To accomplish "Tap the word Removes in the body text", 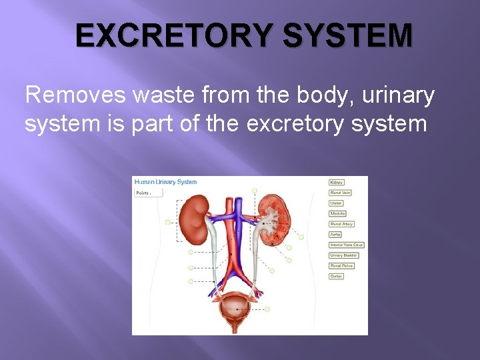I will coord(75,96).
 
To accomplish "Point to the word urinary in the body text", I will coord(397,96).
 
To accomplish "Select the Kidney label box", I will coord(337,182).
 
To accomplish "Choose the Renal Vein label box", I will coord(340,193).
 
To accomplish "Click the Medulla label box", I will coord(338,213).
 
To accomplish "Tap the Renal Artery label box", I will coord(341,224).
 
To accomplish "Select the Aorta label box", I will coord(336,235).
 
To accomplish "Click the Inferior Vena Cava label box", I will coord(347,245).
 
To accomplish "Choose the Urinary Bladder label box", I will coord(344,255).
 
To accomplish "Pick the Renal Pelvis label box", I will coord(341,265).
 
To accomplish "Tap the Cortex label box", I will coord(337,276).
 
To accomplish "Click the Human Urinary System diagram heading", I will coord(166,182).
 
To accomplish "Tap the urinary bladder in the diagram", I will coord(233,307).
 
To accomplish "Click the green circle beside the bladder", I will coord(267,309).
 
